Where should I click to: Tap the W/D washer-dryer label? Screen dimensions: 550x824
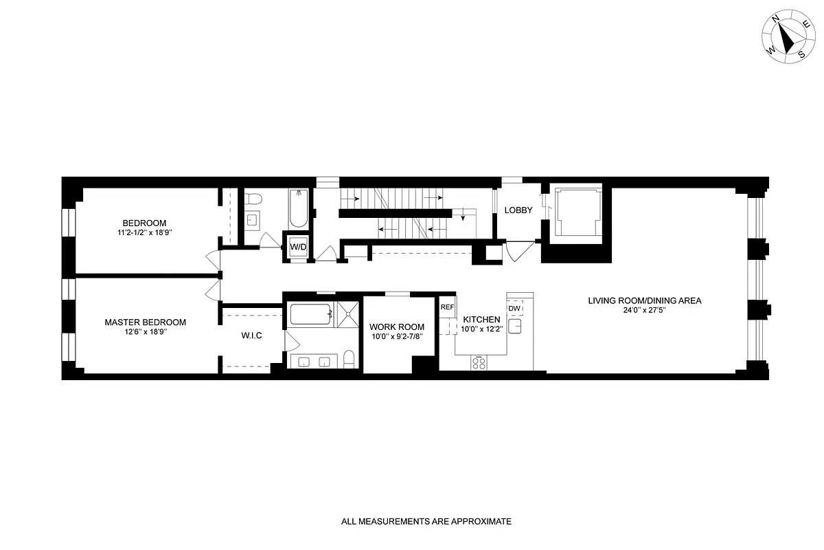[x=297, y=247]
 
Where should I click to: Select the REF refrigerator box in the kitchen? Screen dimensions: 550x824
[x=447, y=307]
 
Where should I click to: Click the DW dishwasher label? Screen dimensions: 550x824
[x=514, y=308]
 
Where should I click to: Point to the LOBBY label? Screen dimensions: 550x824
[x=518, y=210]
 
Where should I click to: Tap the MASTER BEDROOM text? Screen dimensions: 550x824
[x=145, y=322]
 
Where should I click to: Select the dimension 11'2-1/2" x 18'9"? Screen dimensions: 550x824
[x=145, y=233]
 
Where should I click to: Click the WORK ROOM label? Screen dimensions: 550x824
[x=397, y=327]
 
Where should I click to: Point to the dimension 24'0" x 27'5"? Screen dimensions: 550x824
[x=644, y=310]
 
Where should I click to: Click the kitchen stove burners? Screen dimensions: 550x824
[x=479, y=363]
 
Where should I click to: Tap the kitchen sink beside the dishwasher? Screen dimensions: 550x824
[x=517, y=326]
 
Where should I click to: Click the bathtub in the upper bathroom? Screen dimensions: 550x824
[x=299, y=208]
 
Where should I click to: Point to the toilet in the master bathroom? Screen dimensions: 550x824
[x=348, y=359]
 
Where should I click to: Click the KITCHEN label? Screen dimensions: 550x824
[x=481, y=320]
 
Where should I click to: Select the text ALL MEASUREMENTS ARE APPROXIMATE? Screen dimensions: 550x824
[x=426, y=522]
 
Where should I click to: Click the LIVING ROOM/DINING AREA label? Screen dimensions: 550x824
[x=644, y=300]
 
